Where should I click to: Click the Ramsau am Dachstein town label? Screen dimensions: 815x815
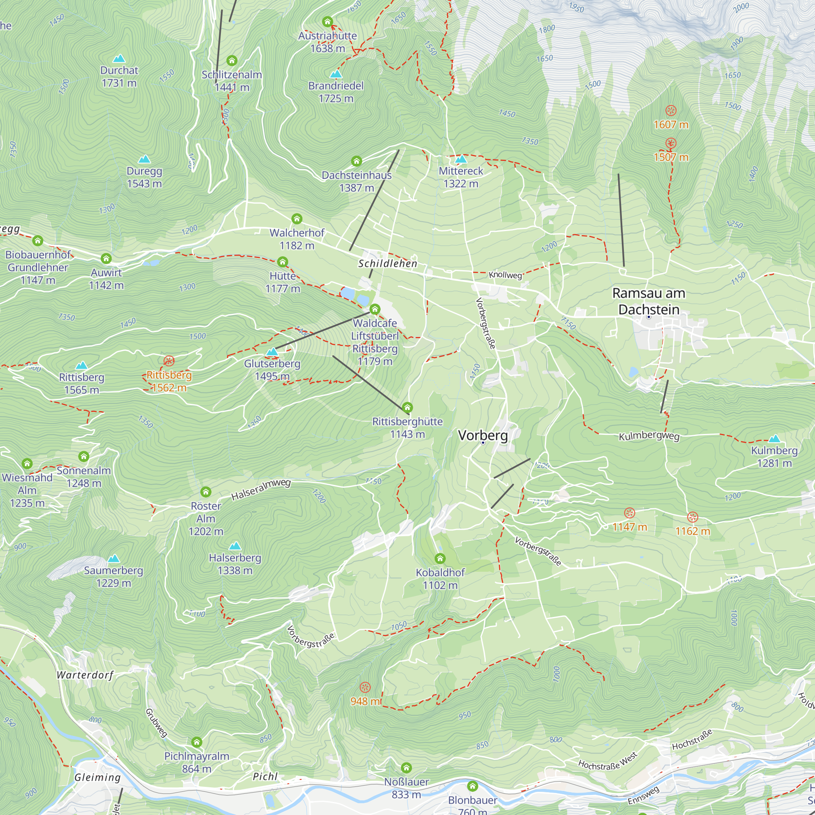click(x=648, y=301)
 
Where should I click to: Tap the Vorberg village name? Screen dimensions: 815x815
click(x=482, y=435)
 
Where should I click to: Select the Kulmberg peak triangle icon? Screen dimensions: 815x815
click(x=774, y=439)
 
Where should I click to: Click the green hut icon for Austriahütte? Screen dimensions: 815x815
click(x=327, y=22)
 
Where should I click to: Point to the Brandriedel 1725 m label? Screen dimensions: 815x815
click(x=336, y=92)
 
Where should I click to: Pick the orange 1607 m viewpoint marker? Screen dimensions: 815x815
click(x=671, y=111)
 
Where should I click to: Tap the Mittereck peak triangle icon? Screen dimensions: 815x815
click(x=461, y=159)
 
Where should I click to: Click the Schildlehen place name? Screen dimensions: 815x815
click(x=388, y=264)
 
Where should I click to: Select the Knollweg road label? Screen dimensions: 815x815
click(x=505, y=275)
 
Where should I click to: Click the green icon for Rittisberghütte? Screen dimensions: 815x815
click(x=407, y=407)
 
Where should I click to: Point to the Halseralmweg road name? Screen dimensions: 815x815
click(x=261, y=489)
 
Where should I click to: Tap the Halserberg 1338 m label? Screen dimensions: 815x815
click(x=235, y=564)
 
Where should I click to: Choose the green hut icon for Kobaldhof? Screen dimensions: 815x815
click(x=440, y=559)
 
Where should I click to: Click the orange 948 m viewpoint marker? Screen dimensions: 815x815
click(x=365, y=687)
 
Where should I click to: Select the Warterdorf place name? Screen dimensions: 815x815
click(x=85, y=675)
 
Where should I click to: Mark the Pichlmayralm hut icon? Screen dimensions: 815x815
click(x=196, y=742)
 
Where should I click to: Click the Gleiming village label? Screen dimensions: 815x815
click(x=97, y=777)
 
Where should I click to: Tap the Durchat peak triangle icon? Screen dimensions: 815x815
click(x=119, y=58)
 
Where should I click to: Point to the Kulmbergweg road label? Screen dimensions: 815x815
click(x=649, y=436)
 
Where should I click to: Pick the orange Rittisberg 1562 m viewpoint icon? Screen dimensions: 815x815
click(x=169, y=361)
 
